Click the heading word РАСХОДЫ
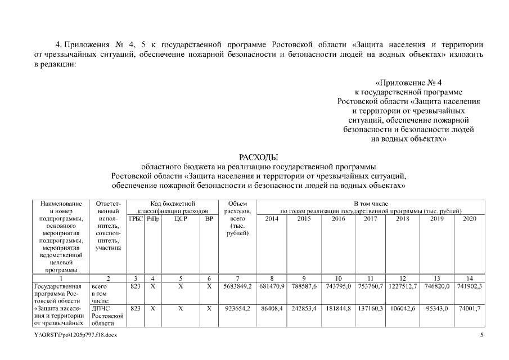(x=259, y=157)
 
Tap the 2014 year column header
(x=272, y=218)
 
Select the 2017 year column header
(x=370, y=218)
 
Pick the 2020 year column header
(x=469, y=218)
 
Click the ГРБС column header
(x=136, y=218)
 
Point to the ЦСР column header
(x=181, y=218)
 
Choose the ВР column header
(x=209, y=218)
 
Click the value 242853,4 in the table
(x=304, y=308)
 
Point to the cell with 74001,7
(x=469, y=308)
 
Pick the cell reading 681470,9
(x=272, y=286)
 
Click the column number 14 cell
(x=469, y=278)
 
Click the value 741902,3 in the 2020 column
(x=469, y=286)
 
